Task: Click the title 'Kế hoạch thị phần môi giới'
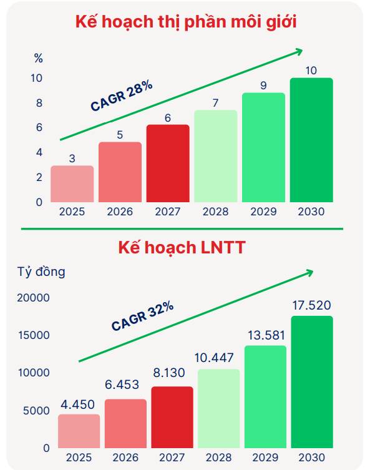pos(185,22)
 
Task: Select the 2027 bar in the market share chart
pos(168,164)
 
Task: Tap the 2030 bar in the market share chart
pos(311,140)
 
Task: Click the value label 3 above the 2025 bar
pos(72,159)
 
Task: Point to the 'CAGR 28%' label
pos(122,95)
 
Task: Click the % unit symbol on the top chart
pos(39,59)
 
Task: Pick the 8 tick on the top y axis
pos(39,103)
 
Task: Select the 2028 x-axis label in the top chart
pos(215,212)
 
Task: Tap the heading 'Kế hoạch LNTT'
pos(182,247)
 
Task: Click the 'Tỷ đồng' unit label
pos(41,272)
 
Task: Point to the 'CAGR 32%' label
pos(142,316)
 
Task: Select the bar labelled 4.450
pos(79,431)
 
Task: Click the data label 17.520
pos(311,306)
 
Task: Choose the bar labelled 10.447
pos(219,408)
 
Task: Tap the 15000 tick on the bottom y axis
pos(34,335)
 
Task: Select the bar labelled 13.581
pos(265,396)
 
